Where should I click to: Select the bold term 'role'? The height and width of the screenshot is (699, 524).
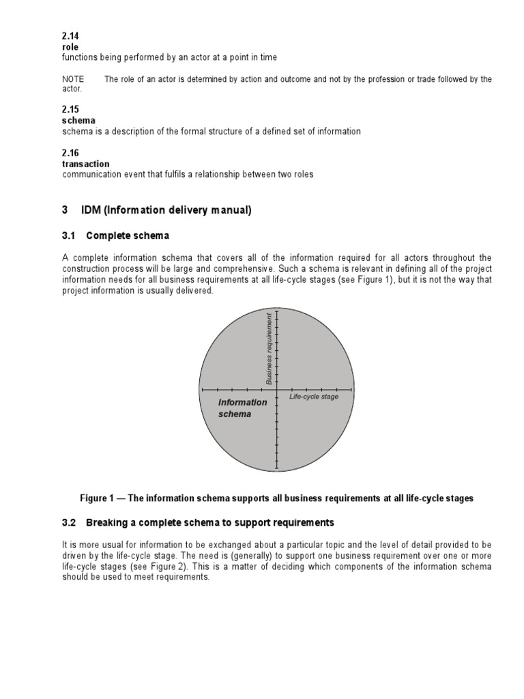tap(70, 47)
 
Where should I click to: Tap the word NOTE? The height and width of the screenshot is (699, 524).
tap(73, 79)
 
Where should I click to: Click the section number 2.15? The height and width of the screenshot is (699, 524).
tap(70, 110)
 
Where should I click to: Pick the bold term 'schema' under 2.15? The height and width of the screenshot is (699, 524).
tap(78, 121)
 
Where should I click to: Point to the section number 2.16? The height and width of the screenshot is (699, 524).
tap(70, 154)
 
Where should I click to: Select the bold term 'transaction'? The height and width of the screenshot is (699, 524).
tap(85, 164)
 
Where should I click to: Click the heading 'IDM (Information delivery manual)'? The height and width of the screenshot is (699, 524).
tap(166, 211)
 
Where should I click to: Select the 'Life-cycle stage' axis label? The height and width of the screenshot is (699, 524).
tap(313, 397)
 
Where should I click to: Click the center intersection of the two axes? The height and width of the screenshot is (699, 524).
tap(276, 390)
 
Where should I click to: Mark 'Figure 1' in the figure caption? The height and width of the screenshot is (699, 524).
tap(100, 498)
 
